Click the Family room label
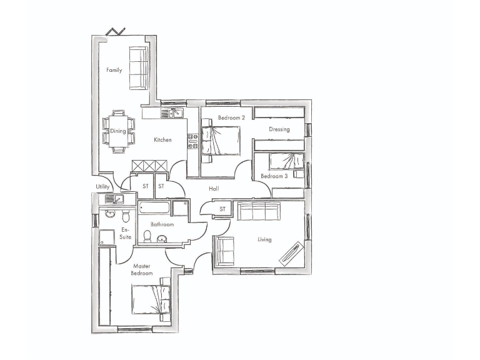click(x=114, y=70)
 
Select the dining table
click(x=118, y=131)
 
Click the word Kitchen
click(x=162, y=140)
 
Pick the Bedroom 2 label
click(x=231, y=117)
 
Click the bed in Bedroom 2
click(x=221, y=140)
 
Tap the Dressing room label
click(x=279, y=130)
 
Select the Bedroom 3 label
click(x=274, y=176)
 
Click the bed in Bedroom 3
click(x=286, y=162)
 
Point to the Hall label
click(x=214, y=188)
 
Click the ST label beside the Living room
click(x=222, y=209)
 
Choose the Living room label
click(x=264, y=239)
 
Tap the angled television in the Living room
click(x=291, y=254)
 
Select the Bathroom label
click(x=162, y=224)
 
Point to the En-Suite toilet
click(x=126, y=216)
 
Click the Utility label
click(x=102, y=187)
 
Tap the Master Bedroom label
click(x=142, y=270)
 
